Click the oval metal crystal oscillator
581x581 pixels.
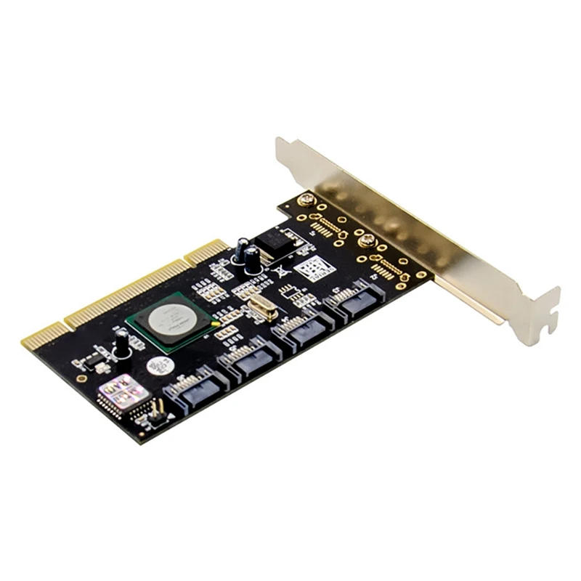(259, 309)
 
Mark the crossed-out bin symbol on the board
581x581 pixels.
(278, 274)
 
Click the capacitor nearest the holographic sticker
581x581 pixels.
(121, 341)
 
